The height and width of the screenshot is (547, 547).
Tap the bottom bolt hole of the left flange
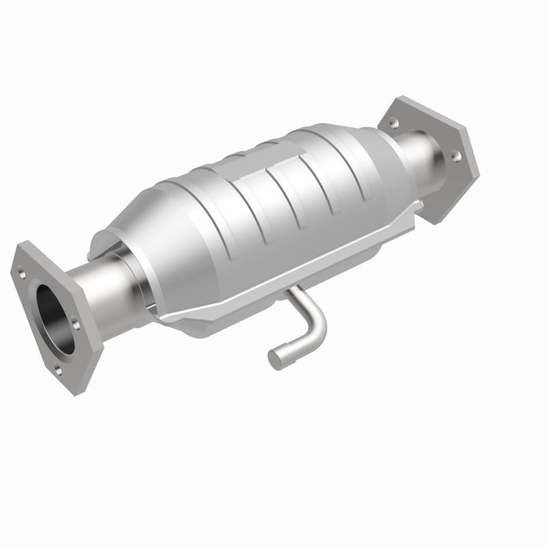pyautogui.click(x=59, y=371)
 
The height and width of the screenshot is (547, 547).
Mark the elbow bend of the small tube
pyautogui.click(x=316, y=329)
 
